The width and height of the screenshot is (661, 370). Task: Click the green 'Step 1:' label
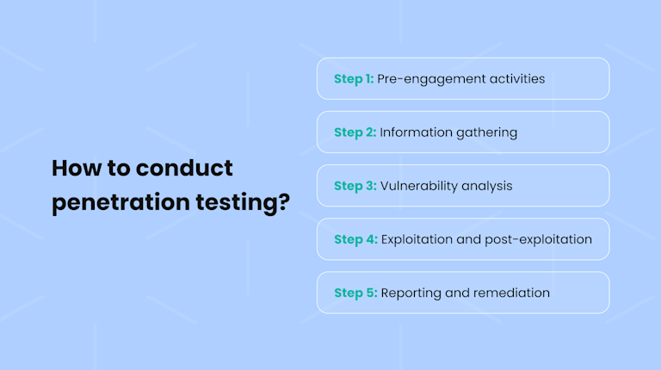[353, 79]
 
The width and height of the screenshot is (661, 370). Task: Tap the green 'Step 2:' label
[355, 133]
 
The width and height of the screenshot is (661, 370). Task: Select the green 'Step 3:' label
[355, 186]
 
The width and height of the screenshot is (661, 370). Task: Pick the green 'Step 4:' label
[355, 239]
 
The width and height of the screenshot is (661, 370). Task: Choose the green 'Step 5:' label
[355, 293]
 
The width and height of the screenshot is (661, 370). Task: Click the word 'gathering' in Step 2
[486, 133]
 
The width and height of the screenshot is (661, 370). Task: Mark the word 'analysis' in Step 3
[488, 186]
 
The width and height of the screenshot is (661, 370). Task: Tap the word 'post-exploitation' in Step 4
[541, 239]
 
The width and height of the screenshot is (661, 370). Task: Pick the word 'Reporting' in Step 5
[410, 293]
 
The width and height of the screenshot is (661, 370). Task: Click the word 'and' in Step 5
[456, 293]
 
